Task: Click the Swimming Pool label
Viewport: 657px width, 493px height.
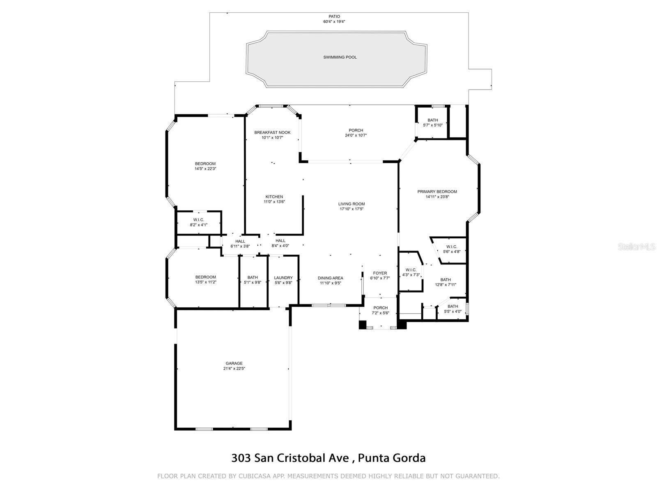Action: point(340,57)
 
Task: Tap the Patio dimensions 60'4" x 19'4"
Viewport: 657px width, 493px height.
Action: point(334,22)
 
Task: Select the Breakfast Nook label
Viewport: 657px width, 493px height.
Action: point(272,132)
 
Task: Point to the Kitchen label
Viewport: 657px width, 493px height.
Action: point(274,197)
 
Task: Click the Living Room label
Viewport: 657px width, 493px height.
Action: point(351,204)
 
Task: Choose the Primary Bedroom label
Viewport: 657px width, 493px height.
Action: point(437,191)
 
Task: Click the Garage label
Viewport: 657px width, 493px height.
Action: point(234,363)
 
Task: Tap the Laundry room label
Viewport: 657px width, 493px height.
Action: point(283,278)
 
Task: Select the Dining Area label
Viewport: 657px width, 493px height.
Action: point(330,278)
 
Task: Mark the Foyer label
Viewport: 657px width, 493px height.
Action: point(380,273)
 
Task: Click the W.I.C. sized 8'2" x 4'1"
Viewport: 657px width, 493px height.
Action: point(198,222)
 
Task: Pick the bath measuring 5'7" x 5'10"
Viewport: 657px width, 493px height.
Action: point(433,122)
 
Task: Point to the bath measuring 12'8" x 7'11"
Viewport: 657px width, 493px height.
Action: point(446,282)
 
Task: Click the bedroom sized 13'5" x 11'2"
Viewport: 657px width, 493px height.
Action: point(205,279)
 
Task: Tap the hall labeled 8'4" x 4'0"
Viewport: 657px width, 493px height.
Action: point(280,243)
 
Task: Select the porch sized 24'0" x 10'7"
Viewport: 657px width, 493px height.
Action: point(356,133)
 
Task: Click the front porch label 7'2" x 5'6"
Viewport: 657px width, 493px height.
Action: point(380,310)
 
